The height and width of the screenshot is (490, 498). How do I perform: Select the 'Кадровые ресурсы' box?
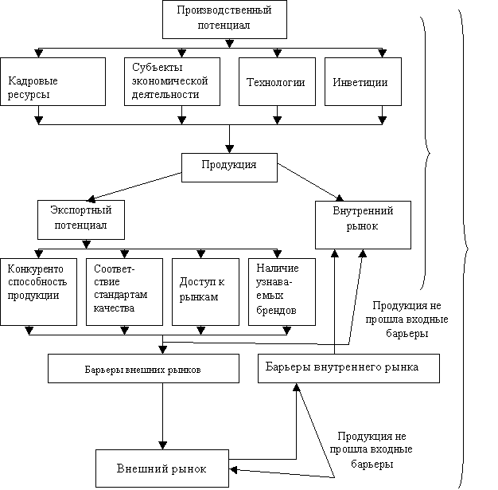[x=53, y=81]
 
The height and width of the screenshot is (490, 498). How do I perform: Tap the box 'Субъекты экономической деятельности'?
[x=173, y=81]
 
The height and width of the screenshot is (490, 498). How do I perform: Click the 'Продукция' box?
[x=229, y=166]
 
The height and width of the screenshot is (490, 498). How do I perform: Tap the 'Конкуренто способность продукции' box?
[x=38, y=291]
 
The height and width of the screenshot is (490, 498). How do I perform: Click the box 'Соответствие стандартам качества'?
[x=124, y=291]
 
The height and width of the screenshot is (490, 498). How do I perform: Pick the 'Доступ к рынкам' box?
[x=205, y=291]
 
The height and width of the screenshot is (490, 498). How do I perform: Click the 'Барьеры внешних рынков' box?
[x=143, y=369]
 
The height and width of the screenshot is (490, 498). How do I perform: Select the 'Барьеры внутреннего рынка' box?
[x=348, y=368]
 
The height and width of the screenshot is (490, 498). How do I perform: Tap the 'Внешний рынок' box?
[x=162, y=468]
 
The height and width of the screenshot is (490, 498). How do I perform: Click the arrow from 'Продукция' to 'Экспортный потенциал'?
[x=135, y=186]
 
